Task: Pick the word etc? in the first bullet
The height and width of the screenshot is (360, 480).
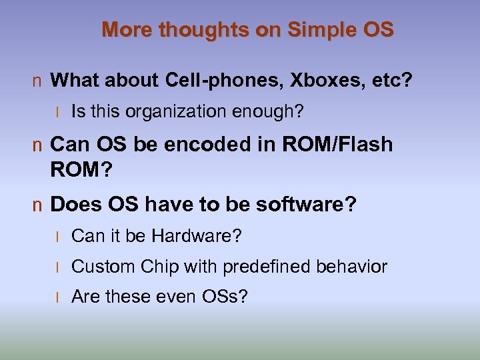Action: [x=393, y=81]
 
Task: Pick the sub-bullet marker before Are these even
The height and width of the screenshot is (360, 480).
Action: [x=59, y=297]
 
